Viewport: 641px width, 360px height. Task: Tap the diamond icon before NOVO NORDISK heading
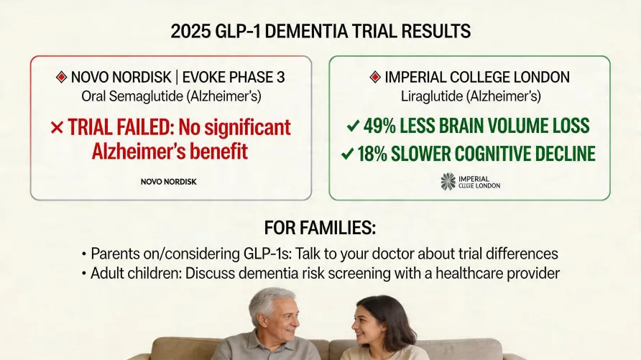[x=61, y=76]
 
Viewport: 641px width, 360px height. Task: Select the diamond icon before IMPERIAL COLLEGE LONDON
[x=374, y=76]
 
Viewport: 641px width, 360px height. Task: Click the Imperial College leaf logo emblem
[x=448, y=181]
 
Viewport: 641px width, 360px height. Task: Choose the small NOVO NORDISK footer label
[x=169, y=182]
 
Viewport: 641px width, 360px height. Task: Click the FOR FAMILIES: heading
[x=320, y=229]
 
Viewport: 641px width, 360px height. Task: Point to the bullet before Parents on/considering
[x=84, y=255]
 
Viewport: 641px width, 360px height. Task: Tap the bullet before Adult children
[x=84, y=274]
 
